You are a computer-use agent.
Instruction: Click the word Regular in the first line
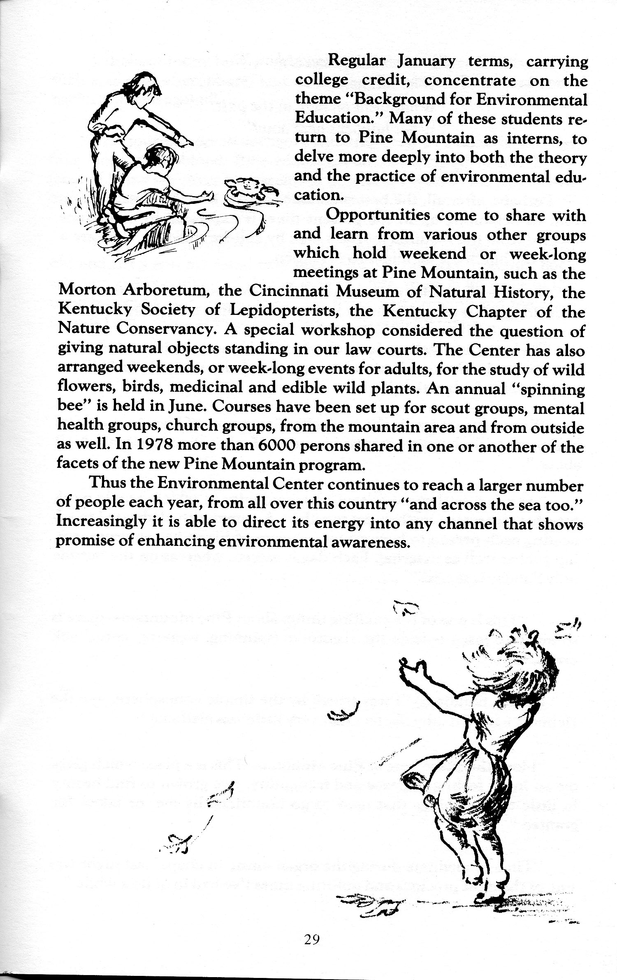click(x=356, y=61)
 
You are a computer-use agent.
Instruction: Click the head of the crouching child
click(x=161, y=157)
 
